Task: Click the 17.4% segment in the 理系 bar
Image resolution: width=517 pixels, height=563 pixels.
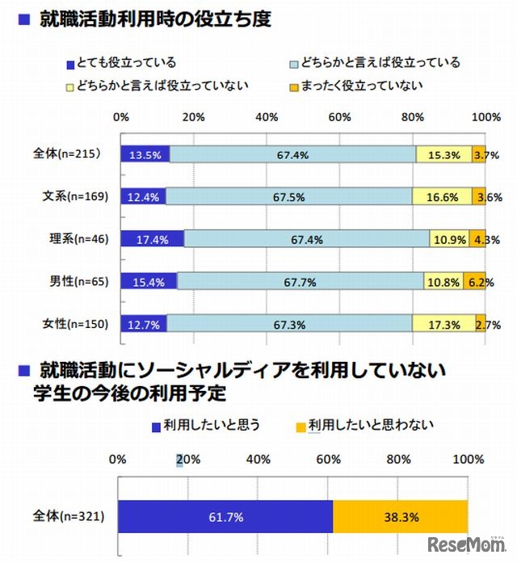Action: pos(153,239)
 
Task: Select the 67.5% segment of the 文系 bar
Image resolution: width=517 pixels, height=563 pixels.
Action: pos(288,196)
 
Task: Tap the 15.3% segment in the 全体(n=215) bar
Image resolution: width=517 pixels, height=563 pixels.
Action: pos(443,154)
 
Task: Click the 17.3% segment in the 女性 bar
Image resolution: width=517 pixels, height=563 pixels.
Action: pos(443,325)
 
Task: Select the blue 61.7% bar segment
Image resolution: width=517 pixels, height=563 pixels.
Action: pos(225,516)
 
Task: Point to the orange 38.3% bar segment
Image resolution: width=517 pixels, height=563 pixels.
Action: pos(400,516)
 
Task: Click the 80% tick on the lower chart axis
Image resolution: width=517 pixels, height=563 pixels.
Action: pos(398,460)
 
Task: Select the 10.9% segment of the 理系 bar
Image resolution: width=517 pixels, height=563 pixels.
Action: pos(446,239)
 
